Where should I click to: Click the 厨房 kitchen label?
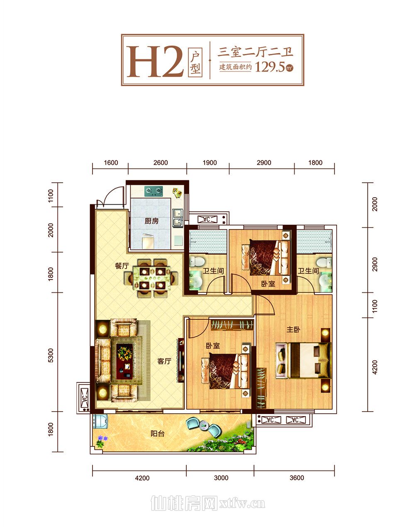tap(151, 221)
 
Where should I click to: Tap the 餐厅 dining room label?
tap(122, 266)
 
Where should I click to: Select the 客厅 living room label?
tap(164, 361)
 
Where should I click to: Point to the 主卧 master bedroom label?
tap(293, 330)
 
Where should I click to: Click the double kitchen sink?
tap(178, 218)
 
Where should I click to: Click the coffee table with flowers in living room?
tap(124, 361)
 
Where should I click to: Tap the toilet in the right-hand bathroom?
tap(324, 262)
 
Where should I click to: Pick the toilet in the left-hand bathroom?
tap(197, 262)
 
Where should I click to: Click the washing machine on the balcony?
tap(100, 421)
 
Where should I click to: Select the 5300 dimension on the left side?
tap(50, 355)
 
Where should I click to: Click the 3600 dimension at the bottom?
tap(297, 478)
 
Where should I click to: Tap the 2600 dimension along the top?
tap(161, 163)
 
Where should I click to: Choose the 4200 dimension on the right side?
tap(375, 368)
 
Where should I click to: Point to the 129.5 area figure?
tap(270, 67)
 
